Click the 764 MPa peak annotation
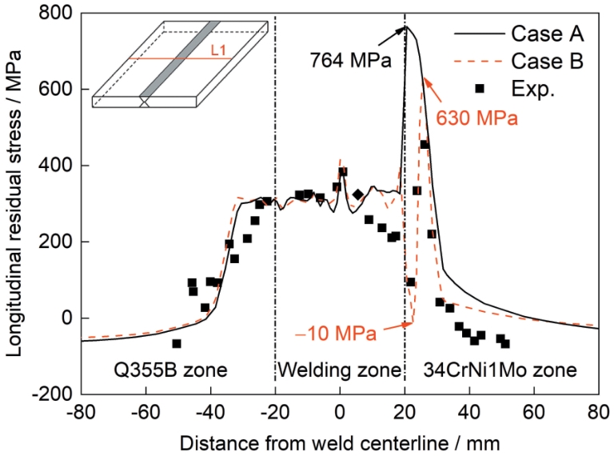pyautogui.click(x=351, y=60)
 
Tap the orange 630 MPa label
pyautogui.click(x=477, y=118)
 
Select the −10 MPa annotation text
pyautogui.click(x=336, y=334)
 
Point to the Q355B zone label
pyautogui.click(x=170, y=370)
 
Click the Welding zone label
pyautogui.click(x=340, y=370)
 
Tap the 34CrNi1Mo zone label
pyautogui.click(x=500, y=370)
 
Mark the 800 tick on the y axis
pyautogui.click(x=56, y=13)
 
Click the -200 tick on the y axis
pyautogui.click(x=53, y=394)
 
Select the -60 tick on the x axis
pyautogui.click(x=146, y=413)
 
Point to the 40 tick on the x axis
pyautogui.click(x=469, y=413)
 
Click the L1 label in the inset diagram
pyautogui.click(x=218, y=50)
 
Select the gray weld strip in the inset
pyautogui.click(x=180, y=59)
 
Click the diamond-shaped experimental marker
pyautogui.click(x=357, y=194)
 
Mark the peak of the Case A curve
pyautogui.click(x=406, y=26)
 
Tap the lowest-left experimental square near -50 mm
pyautogui.click(x=177, y=343)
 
